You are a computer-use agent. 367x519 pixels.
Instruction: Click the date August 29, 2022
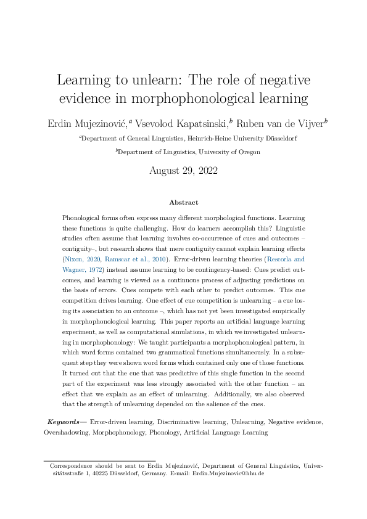[x=183, y=171]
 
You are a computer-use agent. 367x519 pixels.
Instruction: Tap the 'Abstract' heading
[x=183, y=202]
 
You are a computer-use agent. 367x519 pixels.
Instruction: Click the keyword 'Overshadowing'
[x=64, y=432]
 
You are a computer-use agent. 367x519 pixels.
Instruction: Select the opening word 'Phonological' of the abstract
[x=84, y=218]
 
